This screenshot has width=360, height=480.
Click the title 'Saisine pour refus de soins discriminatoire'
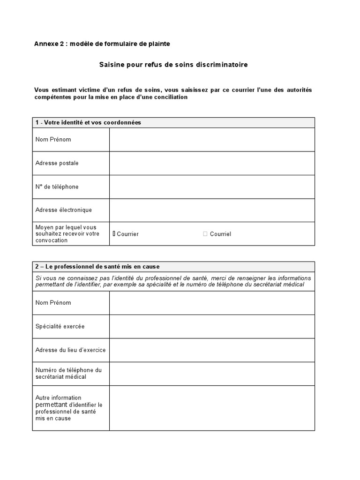[x=173, y=65]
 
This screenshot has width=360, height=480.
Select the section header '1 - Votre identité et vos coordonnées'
[x=88, y=122]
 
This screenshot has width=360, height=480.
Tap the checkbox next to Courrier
[x=114, y=233]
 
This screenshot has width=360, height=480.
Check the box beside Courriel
[x=205, y=233]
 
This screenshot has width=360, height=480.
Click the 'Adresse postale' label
[x=57, y=163]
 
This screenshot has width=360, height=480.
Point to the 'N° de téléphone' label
[x=57, y=187]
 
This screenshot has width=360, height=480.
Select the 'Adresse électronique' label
[x=63, y=210]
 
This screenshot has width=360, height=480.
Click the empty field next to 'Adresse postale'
[x=212, y=163]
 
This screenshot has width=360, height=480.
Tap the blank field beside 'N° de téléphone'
[x=212, y=187]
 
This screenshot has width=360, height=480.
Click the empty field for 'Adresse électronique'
[x=212, y=210]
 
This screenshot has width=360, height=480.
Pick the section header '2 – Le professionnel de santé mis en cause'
[x=97, y=267]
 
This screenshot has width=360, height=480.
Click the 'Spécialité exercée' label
[x=60, y=326]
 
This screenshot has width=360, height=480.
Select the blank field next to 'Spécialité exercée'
[x=212, y=326]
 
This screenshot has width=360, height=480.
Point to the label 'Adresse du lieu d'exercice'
[x=70, y=350]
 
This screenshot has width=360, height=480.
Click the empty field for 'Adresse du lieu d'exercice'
[x=212, y=350]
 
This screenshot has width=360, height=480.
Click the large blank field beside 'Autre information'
[x=212, y=408]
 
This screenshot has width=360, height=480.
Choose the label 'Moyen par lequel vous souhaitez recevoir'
[x=67, y=233]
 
